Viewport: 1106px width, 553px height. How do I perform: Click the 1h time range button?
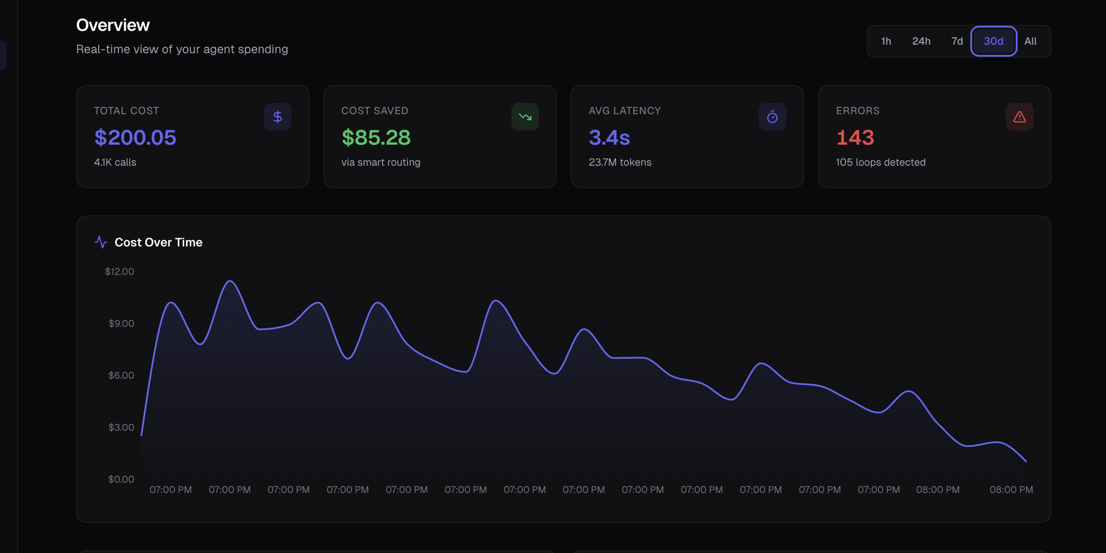[x=886, y=41]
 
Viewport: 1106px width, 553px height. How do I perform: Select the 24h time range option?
[x=921, y=41]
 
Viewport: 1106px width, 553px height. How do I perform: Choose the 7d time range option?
[x=957, y=41]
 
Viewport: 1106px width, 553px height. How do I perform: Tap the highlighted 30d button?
[x=994, y=41]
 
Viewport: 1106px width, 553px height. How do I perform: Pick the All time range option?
[x=1030, y=41]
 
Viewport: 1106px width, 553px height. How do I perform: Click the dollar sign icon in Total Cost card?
[x=278, y=117]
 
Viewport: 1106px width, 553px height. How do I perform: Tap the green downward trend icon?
[x=525, y=117]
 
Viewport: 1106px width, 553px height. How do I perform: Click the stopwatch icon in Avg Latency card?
[x=772, y=117]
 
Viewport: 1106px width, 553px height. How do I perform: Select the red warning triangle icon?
[x=1019, y=117]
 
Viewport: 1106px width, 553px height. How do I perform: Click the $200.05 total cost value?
[x=135, y=138]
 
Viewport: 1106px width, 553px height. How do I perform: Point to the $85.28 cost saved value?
[x=376, y=138]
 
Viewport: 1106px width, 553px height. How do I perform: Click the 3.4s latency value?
[x=609, y=138]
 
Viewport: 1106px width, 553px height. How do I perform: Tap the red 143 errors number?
[x=855, y=138]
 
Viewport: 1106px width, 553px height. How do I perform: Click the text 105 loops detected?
[x=881, y=162]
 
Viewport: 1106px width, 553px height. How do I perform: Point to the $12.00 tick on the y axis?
[x=119, y=271]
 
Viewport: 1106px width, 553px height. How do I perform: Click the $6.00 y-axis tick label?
[x=121, y=375]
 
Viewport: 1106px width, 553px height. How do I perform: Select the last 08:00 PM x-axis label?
[x=1011, y=490]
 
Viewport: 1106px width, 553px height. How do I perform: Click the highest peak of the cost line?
[x=230, y=281]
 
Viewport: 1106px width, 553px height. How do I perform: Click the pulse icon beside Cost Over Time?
[x=101, y=242]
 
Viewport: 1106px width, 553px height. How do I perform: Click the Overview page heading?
[x=113, y=25]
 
